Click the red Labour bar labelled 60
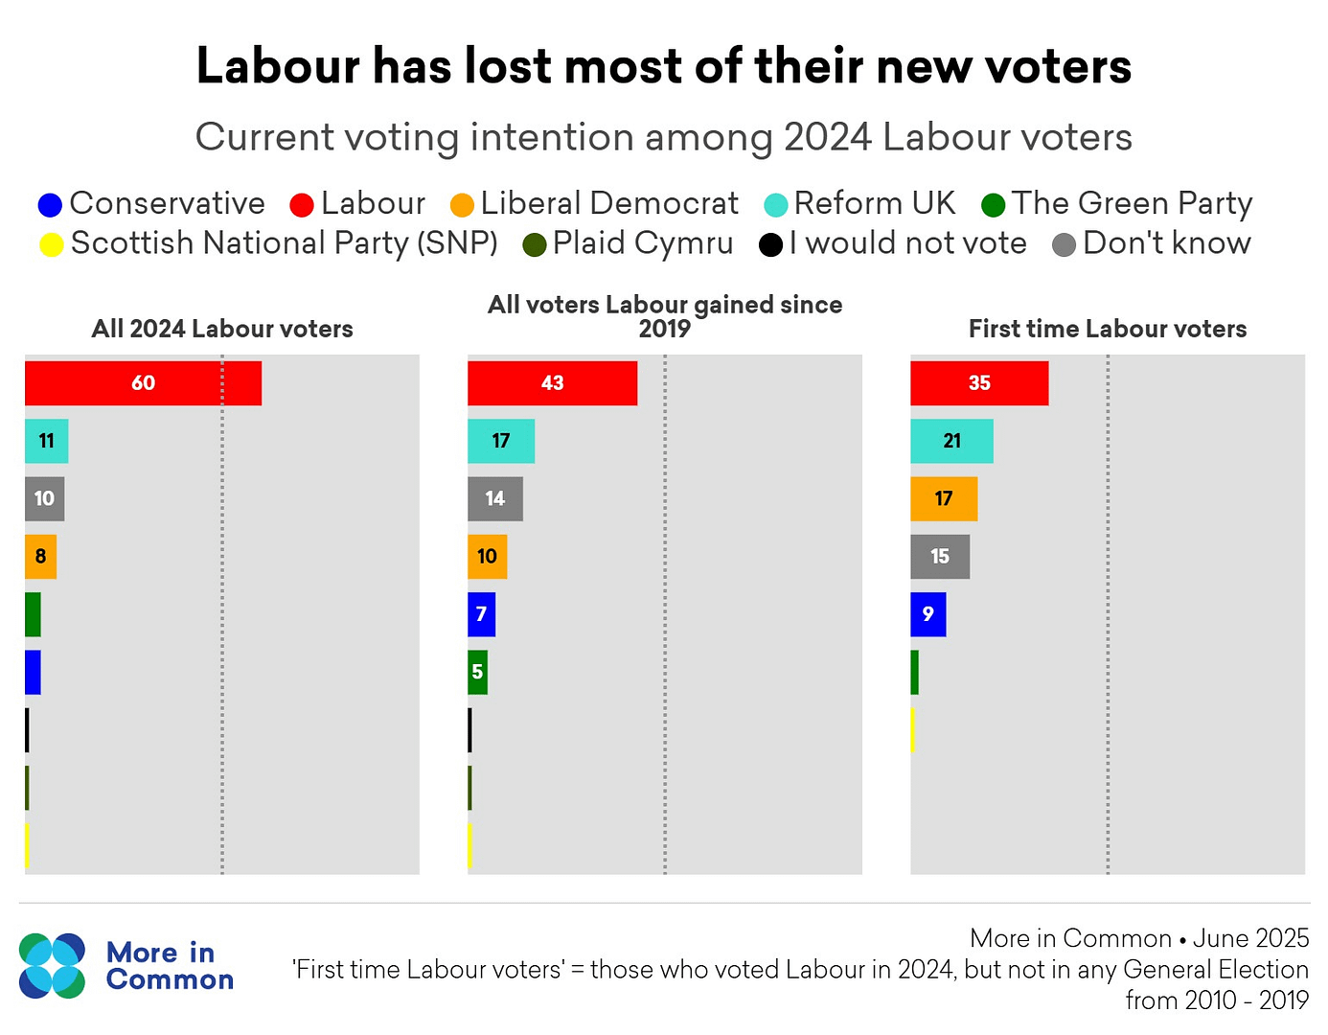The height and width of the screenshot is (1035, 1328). coord(143,383)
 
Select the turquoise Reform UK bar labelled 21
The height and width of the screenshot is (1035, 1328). coord(951,441)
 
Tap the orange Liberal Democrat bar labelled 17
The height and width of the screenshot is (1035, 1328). coord(944,499)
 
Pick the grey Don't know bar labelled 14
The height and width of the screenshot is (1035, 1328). coord(495,499)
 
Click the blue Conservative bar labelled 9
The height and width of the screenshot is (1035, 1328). coord(927,614)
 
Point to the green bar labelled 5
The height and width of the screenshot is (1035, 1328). coord(477,672)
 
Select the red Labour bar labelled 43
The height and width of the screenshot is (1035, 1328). coord(552,383)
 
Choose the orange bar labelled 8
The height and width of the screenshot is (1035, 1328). coord(40,557)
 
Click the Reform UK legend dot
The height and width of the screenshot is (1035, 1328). coord(775,205)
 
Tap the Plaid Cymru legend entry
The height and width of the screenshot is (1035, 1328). coord(628,243)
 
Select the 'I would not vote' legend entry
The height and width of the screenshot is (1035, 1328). coord(893,243)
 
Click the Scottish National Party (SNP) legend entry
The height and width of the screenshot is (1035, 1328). coord(268,243)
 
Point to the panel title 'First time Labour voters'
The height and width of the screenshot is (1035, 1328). coord(1108,329)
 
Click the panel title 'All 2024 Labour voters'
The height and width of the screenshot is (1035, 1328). coord(222,329)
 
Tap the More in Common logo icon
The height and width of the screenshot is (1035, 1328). coord(52,965)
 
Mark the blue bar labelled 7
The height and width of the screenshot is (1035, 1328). coord(481,614)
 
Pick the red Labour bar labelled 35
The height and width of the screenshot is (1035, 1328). coord(979,383)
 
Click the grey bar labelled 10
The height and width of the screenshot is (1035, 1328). coord(44,499)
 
